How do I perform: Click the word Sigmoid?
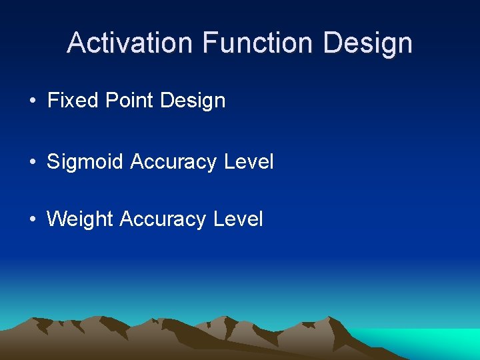(85, 162)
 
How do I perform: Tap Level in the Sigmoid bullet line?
(248, 161)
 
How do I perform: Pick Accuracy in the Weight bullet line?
(163, 219)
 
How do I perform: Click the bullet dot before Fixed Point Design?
(33, 101)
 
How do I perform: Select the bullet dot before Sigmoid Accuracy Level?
(33, 162)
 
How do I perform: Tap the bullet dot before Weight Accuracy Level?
(33, 219)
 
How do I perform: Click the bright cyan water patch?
(433, 341)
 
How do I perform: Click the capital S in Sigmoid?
(53, 161)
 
